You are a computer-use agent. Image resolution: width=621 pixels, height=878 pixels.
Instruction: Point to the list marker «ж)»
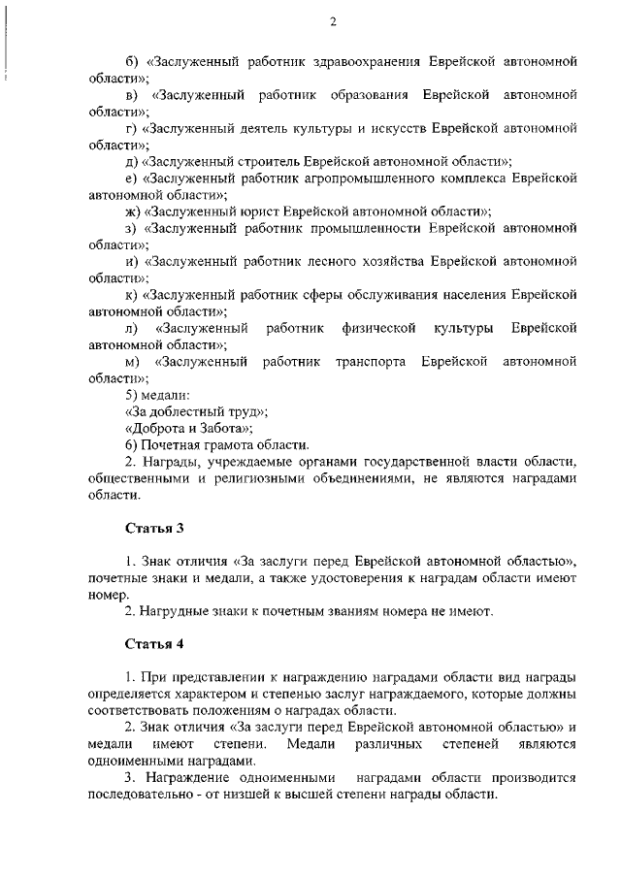tap(133, 211)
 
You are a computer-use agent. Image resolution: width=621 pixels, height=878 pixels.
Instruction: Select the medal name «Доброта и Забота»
tap(188, 428)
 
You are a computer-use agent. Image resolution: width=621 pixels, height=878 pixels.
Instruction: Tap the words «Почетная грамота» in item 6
tap(192, 444)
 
